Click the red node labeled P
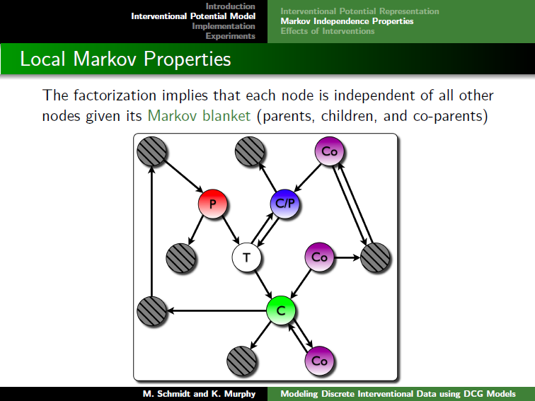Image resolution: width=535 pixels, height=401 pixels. [x=212, y=204]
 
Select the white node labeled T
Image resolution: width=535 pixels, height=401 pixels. [x=246, y=257]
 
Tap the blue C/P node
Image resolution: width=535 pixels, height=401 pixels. [x=285, y=204]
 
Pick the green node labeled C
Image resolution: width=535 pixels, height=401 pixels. [x=281, y=310]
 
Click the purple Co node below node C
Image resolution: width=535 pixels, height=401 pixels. [x=319, y=361]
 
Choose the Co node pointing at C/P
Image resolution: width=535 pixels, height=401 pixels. [x=329, y=151]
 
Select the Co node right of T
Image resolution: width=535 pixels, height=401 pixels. [x=319, y=257]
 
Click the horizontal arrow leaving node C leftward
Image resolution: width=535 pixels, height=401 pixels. [x=217, y=310]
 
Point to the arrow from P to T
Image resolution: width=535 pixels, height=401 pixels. [x=231, y=230]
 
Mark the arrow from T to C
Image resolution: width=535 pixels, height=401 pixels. [x=263, y=284]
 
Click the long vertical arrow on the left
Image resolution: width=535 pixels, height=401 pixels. [x=152, y=231]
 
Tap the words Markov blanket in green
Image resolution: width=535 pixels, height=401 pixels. [x=199, y=116]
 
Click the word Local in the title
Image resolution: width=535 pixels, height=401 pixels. [x=42, y=59]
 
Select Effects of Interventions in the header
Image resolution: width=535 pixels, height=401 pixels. [x=328, y=31]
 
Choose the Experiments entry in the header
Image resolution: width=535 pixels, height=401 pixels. [x=230, y=36]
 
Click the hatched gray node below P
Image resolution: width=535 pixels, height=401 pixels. [x=181, y=257]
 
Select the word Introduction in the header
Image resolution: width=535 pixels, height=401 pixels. [x=230, y=6]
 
